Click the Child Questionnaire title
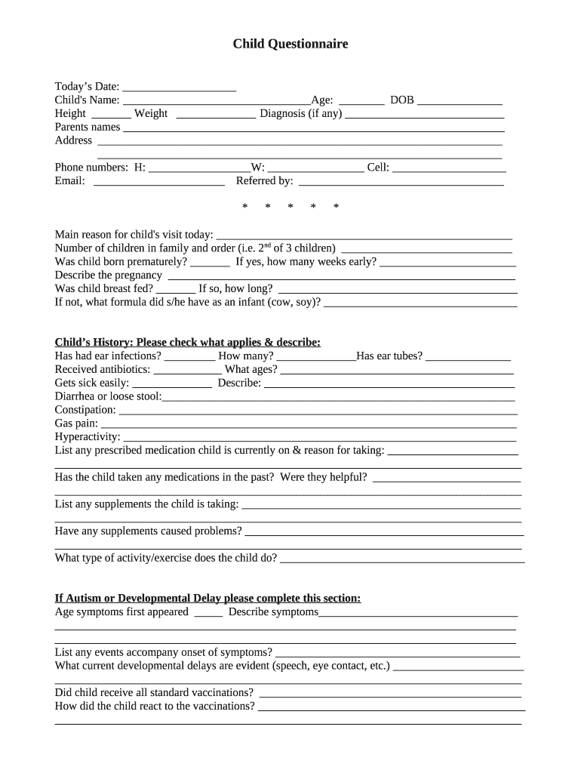(290, 45)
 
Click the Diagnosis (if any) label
(300, 114)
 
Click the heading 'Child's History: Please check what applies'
(188, 343)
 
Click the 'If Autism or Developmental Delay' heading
(207, 599)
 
